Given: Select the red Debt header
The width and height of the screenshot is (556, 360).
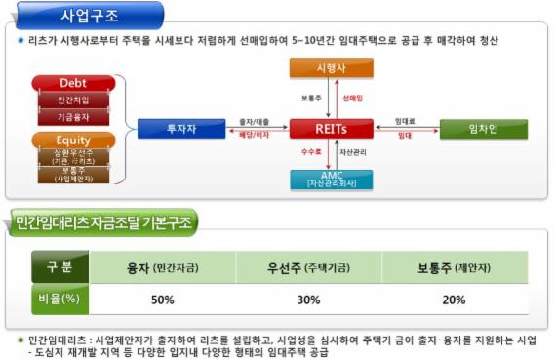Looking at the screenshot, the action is click(x=73, y=84).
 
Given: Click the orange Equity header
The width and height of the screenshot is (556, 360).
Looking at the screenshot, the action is click(x=73, y=140).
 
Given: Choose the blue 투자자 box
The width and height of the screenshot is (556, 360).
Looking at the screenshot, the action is click(x=180, y=129).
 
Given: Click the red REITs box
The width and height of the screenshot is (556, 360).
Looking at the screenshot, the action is click(x=331, y=129).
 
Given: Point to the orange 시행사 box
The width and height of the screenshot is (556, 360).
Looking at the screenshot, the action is click(x=331, y=69).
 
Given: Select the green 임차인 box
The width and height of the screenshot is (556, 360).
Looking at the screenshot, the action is click(x=483, y=129).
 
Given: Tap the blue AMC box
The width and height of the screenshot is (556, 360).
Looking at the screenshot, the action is click(x=331, y=179).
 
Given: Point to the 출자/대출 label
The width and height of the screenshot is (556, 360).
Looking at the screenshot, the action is click(x=255, y=121).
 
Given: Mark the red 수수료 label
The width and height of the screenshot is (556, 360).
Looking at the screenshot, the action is click(x=311, y=153).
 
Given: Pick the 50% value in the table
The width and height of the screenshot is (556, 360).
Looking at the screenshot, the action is click(x=162, y=299).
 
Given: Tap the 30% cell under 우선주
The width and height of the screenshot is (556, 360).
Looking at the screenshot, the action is click(x=308, y=299).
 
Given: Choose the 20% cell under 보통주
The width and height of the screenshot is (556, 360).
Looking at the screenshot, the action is click(x=454, y=299).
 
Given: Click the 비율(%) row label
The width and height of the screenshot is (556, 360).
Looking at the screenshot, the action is click(x=59, y=299).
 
